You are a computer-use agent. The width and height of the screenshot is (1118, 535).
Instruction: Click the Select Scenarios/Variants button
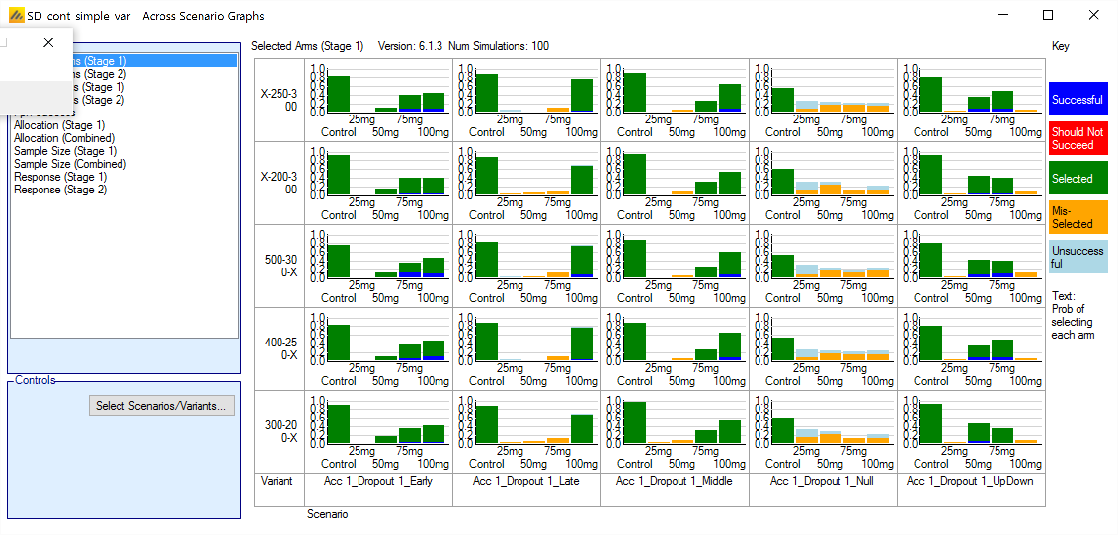161,405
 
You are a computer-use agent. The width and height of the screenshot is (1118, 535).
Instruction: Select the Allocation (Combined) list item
64,138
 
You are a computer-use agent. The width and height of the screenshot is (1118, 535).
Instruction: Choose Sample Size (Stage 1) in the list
65,151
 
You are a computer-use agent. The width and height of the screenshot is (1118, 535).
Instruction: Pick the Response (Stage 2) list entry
60,190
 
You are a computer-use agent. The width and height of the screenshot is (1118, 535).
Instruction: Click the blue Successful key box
1078,99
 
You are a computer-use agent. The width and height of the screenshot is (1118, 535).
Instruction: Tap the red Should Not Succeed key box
1078,139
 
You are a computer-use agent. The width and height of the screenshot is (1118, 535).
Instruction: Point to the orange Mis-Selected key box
1078,217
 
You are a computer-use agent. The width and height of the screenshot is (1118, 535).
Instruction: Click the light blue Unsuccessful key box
1078,257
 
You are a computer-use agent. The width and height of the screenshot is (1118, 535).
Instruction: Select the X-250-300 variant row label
279,100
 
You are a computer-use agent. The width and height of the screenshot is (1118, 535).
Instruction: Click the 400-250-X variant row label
280,348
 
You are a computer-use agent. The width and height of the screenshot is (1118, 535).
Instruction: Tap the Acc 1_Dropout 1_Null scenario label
822,481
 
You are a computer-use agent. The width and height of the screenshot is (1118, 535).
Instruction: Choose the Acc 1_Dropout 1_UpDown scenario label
970,481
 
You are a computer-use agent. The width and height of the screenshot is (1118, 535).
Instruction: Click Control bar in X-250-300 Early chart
338,94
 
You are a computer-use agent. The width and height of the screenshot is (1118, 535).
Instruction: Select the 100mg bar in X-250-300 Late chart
581,95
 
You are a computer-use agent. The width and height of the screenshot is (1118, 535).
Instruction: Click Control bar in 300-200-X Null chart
783,430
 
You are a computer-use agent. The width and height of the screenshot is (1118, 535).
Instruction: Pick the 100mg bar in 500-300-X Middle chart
729,265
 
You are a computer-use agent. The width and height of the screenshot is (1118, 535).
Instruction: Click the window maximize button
1048,15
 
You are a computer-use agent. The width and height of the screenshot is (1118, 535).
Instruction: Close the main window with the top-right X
1093,15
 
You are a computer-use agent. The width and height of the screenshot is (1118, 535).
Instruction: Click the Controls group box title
35,380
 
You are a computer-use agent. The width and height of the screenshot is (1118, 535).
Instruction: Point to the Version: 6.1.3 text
410,46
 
